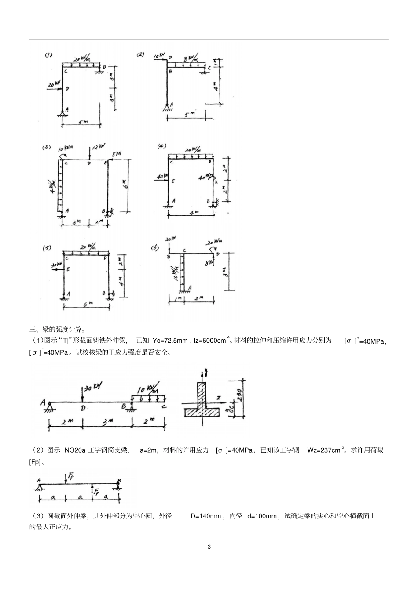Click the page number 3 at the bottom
click(x=209, y=547)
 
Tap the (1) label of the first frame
click(x=48, y=55)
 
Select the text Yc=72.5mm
click(x=170, y=341)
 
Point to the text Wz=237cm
click(x=324, y=450)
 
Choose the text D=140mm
click(x=205, y=516)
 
